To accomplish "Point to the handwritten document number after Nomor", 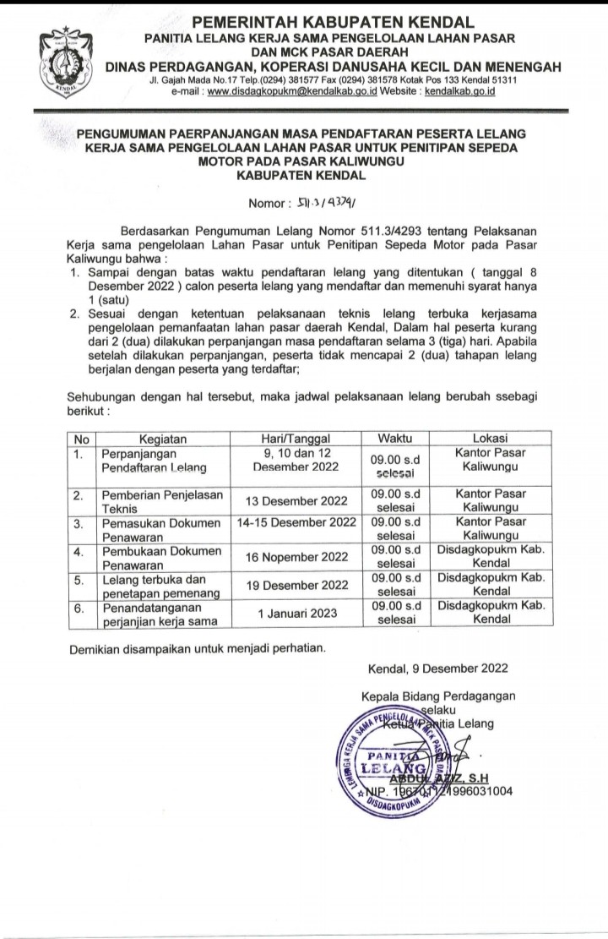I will (325, 202).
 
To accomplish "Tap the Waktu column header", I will (395, 439).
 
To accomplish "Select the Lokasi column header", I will (491, 439).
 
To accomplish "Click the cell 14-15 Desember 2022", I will (297, 523).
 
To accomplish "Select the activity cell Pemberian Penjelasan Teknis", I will (160, 500).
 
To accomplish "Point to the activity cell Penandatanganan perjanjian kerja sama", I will (160, 613).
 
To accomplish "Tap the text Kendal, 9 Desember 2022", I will (437, 668).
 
